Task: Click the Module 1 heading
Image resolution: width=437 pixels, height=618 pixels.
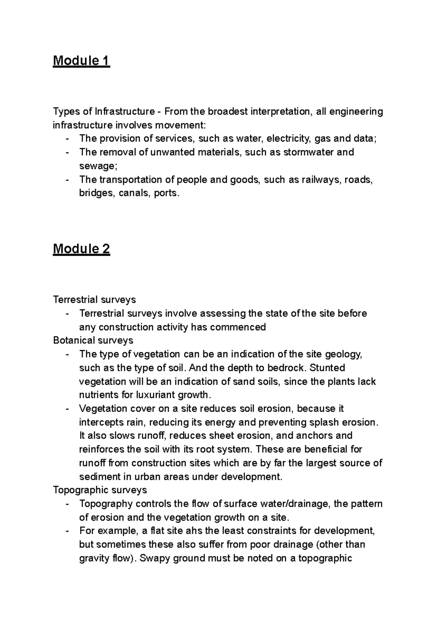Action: click(x=81, y=61)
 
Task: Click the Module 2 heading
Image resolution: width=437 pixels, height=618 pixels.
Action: click(x=81, y=249)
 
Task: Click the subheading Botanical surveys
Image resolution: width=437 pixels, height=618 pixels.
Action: click(x=93, y=340)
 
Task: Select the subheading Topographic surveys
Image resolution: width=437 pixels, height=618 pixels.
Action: click(x=100, y=490)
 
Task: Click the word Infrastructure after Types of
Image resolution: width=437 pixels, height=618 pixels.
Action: click(x=125, y=111)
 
